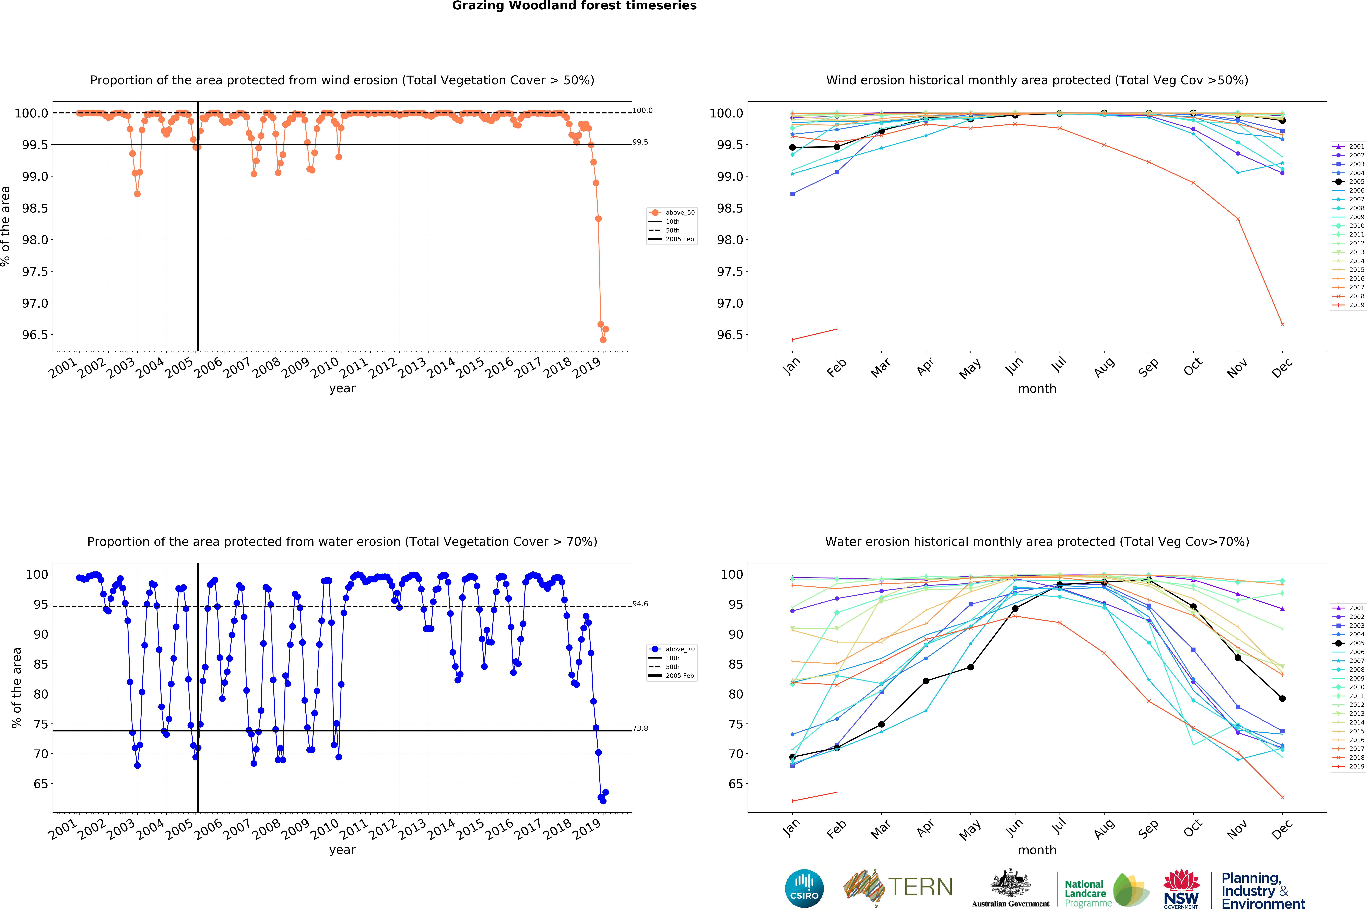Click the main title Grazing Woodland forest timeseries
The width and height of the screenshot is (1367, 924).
tap(574, 6)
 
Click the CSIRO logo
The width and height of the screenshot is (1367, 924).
tap(804, 888)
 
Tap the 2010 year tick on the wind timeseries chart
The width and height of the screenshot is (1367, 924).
tap(325, 368)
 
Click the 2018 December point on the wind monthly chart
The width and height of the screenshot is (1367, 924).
tap(1282, 324)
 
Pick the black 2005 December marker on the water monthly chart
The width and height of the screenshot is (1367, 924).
tap(1282, 699)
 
